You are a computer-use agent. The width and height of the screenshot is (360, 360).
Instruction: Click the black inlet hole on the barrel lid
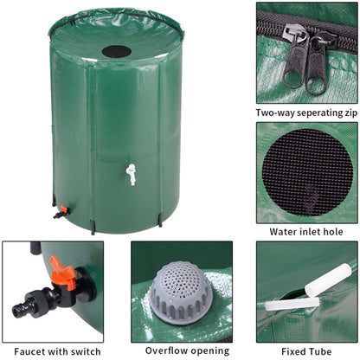(x=117, y=50)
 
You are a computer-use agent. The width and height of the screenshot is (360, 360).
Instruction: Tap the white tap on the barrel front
(x=131, y=174)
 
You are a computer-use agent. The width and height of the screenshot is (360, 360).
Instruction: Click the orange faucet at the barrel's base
(x=61, y=210)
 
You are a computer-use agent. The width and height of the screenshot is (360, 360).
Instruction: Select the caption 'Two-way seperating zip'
(x=307, y=112)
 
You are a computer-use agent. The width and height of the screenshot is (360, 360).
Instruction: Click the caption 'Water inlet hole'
(x=307, y=231)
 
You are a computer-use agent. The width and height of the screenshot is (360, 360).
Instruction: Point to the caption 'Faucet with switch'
(x=53, y=350)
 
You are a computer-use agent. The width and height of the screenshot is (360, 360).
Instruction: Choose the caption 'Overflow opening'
(x=181, y=350)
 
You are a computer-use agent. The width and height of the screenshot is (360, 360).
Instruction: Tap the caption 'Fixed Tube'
(x=307, y=350)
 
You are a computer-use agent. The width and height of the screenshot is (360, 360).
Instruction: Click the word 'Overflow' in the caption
(x=164, y=350)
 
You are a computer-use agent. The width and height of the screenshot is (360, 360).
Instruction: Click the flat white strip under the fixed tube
(x=290, y=304)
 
